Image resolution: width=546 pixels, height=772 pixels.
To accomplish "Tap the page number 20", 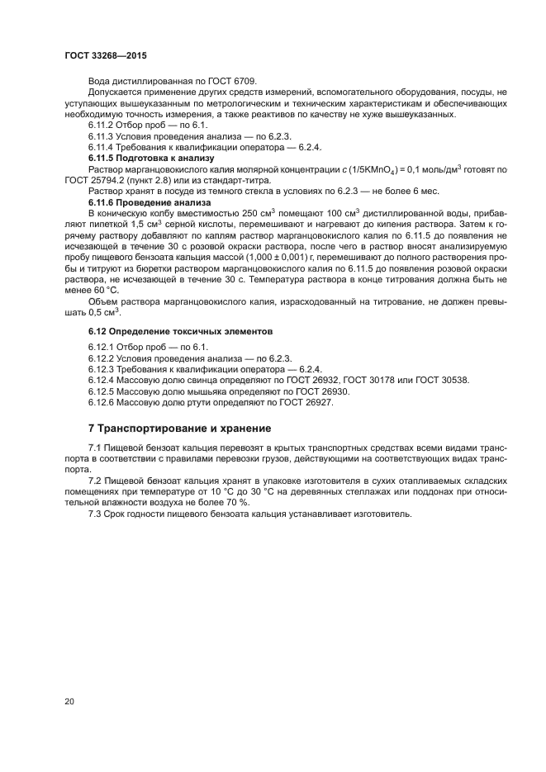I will click(x=69, y=702).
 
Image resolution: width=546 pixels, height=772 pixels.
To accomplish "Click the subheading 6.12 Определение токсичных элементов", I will click(x=169, y=331).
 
